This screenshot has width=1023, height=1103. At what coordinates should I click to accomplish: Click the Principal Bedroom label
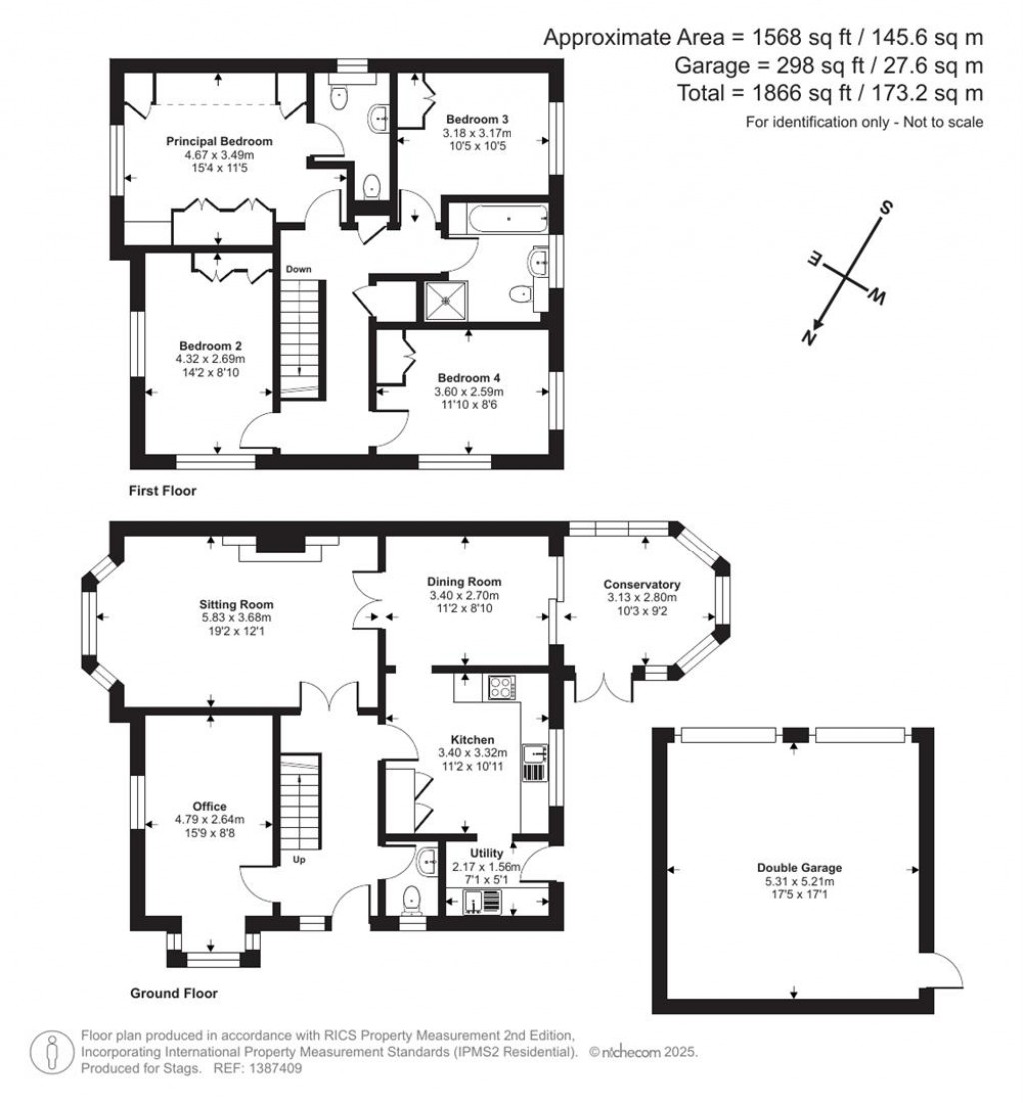219,141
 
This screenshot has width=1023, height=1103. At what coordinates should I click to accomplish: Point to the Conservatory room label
642,584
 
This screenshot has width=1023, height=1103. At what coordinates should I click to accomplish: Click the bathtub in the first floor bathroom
497,218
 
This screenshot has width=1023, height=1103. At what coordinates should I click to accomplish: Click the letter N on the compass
808,338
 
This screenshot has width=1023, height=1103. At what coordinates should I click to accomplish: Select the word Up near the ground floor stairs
298,859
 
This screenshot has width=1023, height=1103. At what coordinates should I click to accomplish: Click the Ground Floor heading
174,994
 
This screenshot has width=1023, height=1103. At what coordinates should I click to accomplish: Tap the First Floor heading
162,491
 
